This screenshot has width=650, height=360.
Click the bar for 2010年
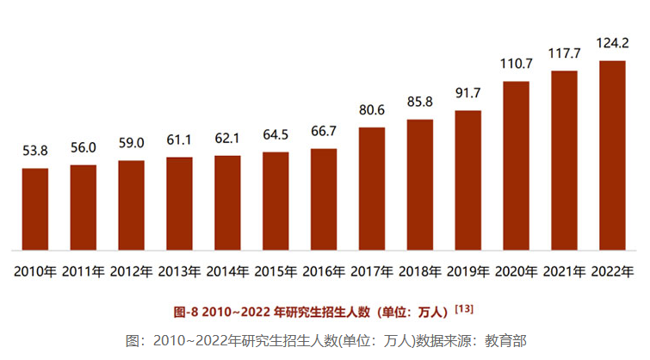35,209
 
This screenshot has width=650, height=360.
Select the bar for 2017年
371,189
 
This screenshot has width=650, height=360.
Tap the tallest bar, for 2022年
611,155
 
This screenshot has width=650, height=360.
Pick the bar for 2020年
515,165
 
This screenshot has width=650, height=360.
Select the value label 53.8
35,151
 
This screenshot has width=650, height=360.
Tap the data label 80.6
371,110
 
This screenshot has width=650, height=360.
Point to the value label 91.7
467,93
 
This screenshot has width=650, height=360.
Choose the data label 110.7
515,64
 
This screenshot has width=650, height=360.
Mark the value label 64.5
275,134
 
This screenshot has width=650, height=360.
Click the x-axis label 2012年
131,271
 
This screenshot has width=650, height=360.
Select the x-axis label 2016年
323,271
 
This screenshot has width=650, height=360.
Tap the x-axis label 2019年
467,271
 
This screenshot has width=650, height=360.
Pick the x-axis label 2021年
563,271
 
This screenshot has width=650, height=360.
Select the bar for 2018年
419,184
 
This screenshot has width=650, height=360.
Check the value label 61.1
179,140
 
